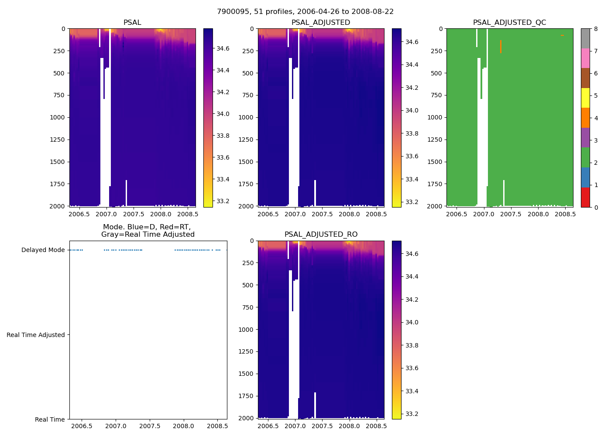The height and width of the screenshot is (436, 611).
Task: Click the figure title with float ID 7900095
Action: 305,12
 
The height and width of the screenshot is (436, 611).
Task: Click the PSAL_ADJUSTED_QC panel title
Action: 509,23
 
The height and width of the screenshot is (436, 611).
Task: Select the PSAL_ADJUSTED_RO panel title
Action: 321,235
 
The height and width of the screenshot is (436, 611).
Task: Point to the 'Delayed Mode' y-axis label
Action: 43,250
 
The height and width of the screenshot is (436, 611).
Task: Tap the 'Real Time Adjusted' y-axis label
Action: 36,335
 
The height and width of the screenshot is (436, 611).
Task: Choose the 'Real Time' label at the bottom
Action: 50,419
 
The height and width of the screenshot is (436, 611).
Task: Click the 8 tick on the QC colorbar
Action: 596,29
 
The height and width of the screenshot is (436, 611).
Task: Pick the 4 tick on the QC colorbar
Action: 596,118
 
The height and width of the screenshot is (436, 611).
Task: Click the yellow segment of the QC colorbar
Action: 585,98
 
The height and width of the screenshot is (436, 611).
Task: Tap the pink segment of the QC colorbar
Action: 585,58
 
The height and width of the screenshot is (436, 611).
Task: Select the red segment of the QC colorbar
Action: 585,197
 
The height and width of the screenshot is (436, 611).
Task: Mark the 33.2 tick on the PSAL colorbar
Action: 223,201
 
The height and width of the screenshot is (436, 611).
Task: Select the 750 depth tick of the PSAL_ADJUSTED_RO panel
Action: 248,307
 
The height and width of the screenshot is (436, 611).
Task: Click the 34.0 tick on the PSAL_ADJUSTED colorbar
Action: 412,110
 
